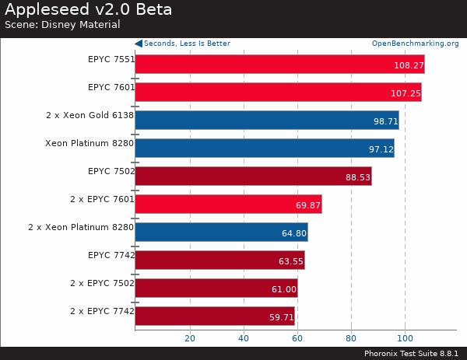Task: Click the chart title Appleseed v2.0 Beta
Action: [x=88, y=10]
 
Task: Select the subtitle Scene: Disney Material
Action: [x=62, y=25]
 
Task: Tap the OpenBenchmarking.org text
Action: [x=415, y=44]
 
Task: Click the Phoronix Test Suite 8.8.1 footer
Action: [x=410, y=353]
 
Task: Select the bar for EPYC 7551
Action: [x=279, y=64]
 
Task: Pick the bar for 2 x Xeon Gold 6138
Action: [x=266, y=120]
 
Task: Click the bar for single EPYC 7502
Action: [x=253, y=176]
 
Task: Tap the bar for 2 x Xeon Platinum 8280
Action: [x=221, y=232]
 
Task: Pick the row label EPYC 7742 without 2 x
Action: [x=111, y=255]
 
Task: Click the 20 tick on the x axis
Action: [x=189, y=338]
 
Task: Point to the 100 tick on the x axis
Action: [x=405, y=338]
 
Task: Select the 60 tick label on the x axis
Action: [x=297, y=338]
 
